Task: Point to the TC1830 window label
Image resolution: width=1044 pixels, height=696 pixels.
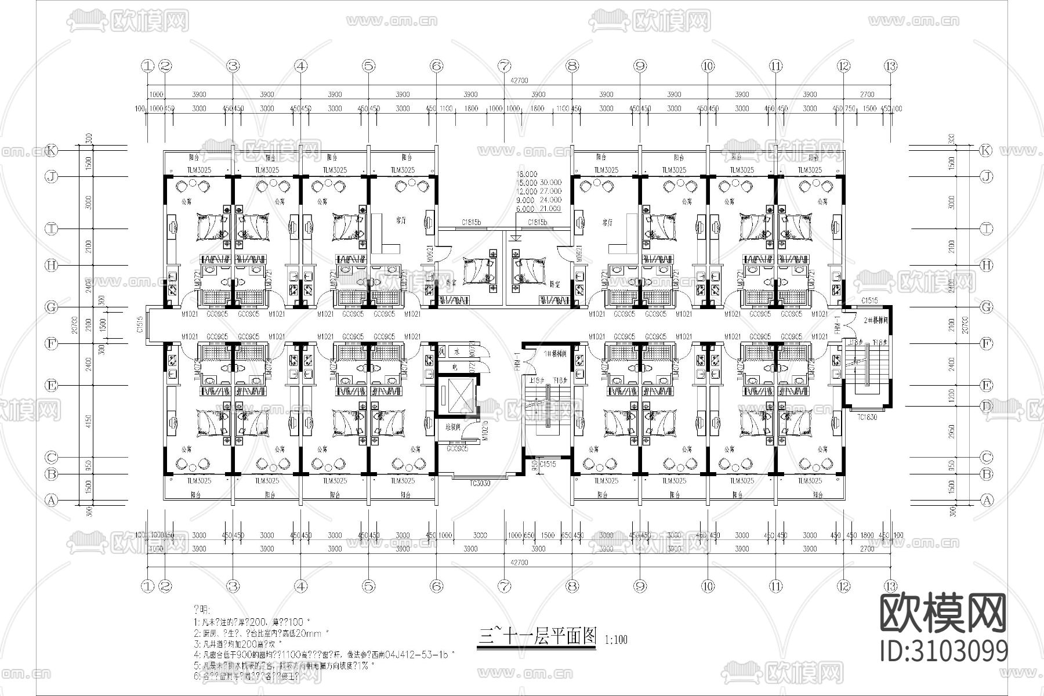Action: click(867, 416)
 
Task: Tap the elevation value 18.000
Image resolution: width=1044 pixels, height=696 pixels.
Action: click(526, 174)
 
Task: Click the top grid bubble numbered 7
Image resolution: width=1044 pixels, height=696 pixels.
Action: click(504, 66)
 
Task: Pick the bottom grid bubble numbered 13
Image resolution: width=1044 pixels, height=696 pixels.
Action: click(891, 587)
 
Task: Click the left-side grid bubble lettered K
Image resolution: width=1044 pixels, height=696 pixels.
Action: click(52, 151)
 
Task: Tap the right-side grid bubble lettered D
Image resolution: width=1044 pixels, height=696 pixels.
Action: click(987, 406)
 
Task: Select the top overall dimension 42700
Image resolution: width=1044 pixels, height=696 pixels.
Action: click(519, 81)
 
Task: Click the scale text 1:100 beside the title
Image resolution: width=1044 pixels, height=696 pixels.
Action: click(616, 640)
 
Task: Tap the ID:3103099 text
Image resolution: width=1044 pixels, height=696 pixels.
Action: click(944, 650)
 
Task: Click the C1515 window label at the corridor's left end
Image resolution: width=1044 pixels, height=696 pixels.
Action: click(140, 325)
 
